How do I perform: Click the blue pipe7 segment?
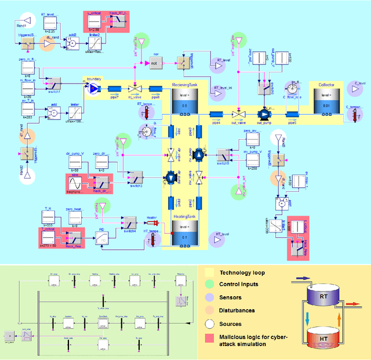coord(114,89)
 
